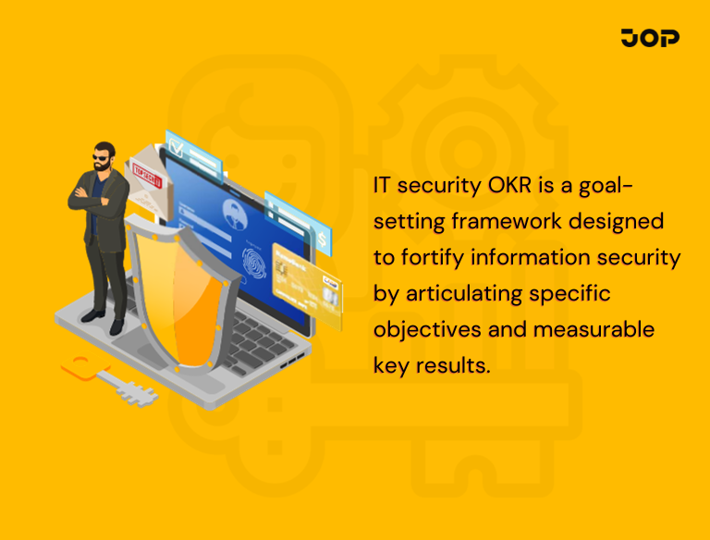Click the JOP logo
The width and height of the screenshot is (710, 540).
(x=650, y=38)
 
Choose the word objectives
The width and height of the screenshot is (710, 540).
(x=422, y=329)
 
